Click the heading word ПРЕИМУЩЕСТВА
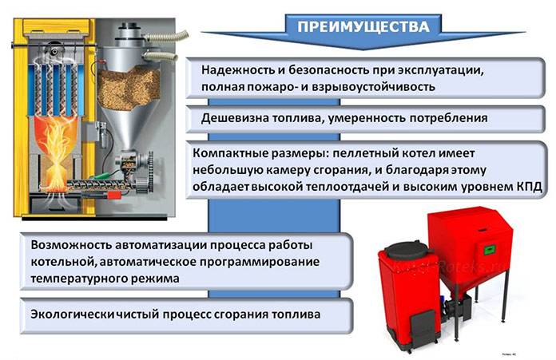(363, 27)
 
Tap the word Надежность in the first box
(238, 69)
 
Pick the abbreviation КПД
(529, 186)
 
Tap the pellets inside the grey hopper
(129, 88)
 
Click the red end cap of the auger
(114, 196)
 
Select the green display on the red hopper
(490, 251)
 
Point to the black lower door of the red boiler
(423, 326)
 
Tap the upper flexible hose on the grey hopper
(166, 36)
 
